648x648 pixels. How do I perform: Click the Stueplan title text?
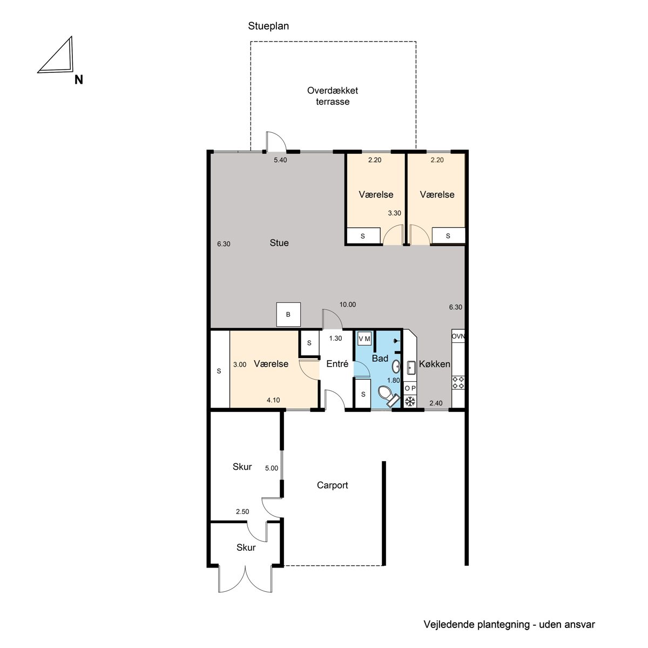pyautogui.click(x=268, y=26)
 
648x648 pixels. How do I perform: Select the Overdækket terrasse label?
pyautogui.click(x=333, y=96)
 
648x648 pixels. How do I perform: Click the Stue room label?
pyautogui.click(x=279, y=243)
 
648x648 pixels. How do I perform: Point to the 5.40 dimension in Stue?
pyautogui.click(x=280, y=160)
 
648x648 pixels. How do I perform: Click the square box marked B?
pyautogui.click(x=288, y=314)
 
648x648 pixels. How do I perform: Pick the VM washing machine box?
pyautogui.click(x=364, y=339)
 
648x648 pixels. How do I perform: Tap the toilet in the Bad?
pyautogui.click(x=388, y=395)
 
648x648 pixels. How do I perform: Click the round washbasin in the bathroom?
pyautogui.click(x=396, y=366)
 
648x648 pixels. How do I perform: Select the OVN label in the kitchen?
pyautogui.click(x=458, y=336)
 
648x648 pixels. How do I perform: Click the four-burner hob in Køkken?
pyautogui.click(x=458, y=382)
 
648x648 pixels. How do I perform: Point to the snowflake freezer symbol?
pyautogui.click(x=410, y=401)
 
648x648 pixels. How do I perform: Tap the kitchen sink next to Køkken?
pyautogui.click(x=411, y=367)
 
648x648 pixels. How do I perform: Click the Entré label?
pyautogui.click(x=337, y=363)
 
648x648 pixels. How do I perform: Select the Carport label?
pyautogui.click(x=332, y=485)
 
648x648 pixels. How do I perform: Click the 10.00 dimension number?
pyautogui.click(x=347, y=305)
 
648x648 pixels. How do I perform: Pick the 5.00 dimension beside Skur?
pyautogui.click(x=272, y=468)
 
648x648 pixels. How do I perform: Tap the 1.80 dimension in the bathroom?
pyautogui.click(x=394, y=380)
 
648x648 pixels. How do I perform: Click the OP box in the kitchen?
pyautogui.click(x=410, y=388)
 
